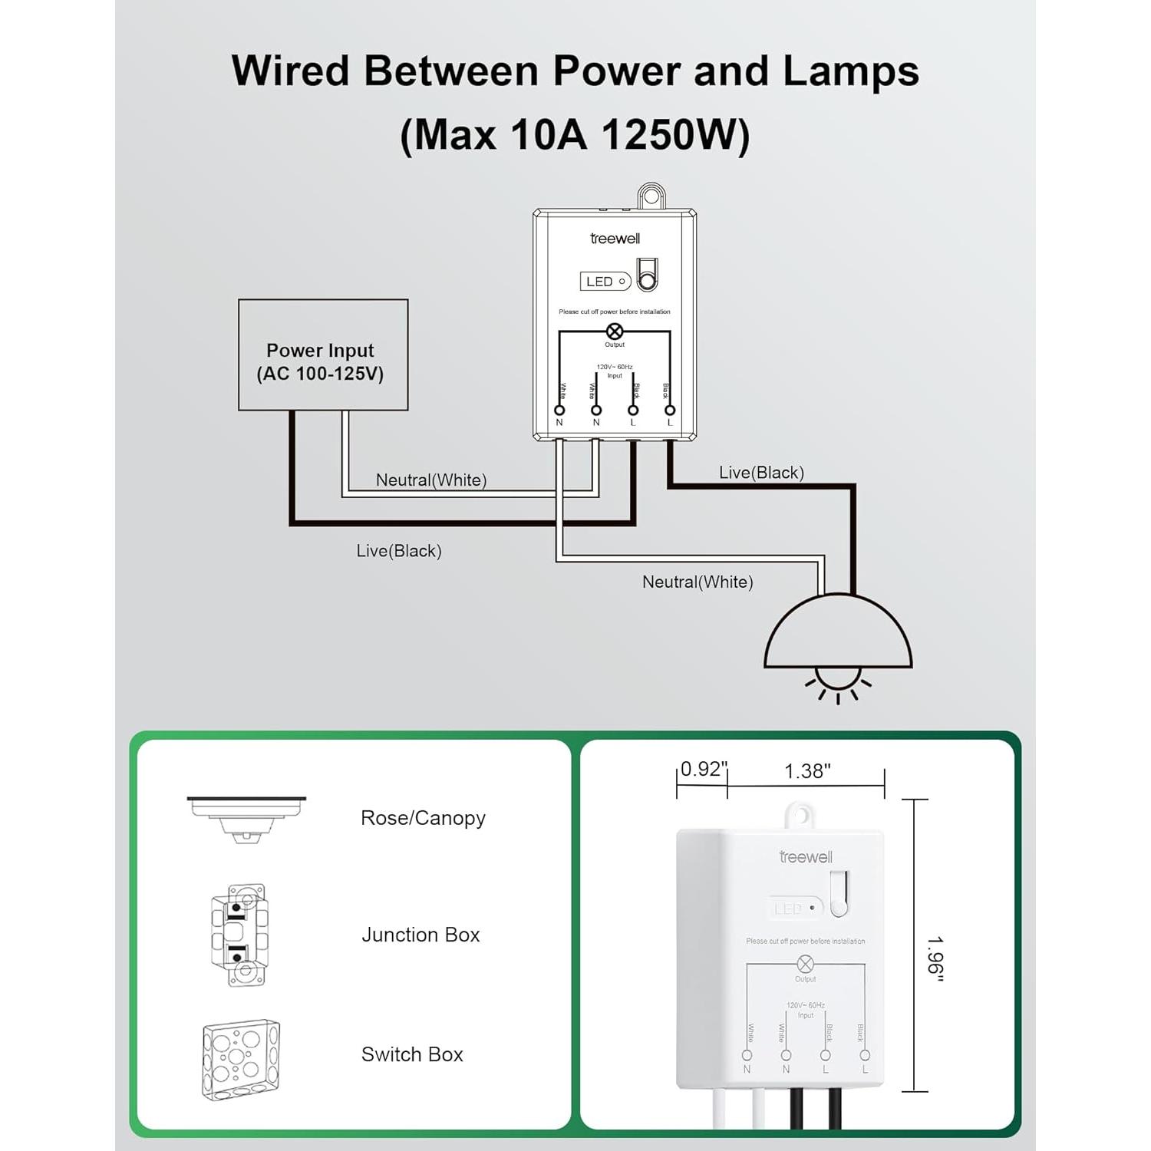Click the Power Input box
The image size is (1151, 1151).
[323, 355]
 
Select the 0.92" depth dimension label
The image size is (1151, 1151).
[702, 769]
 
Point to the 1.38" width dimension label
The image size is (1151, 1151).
[807, 771]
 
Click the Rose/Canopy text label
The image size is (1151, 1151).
[423, 818]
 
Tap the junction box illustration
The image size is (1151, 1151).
[239, 935]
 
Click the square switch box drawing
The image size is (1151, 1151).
[241, 1059]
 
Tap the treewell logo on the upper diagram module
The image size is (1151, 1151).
[615, 239]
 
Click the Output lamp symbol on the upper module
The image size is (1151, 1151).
[615, 331]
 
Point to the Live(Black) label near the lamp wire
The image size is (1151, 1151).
[761, 473]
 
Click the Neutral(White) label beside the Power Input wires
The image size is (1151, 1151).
[431, 480]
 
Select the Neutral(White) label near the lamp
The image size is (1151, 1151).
[698, 582]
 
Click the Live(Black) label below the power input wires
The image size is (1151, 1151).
[399, 551]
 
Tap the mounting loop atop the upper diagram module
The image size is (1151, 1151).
[651, 196]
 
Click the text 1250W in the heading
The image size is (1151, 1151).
[674, 135]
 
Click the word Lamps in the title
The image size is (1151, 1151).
[850, 71]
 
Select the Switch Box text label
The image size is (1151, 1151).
[412, 1054]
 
